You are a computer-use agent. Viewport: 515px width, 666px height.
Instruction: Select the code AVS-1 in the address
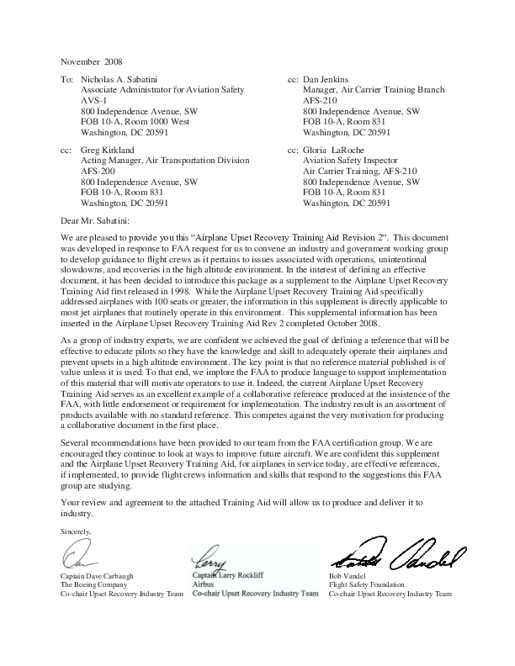(94, 100)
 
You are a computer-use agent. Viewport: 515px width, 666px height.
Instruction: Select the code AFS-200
(98, 171)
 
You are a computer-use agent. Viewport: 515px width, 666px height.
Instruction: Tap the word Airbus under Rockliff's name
(204, 583)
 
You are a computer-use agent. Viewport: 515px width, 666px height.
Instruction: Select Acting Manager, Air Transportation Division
(163, 160)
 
